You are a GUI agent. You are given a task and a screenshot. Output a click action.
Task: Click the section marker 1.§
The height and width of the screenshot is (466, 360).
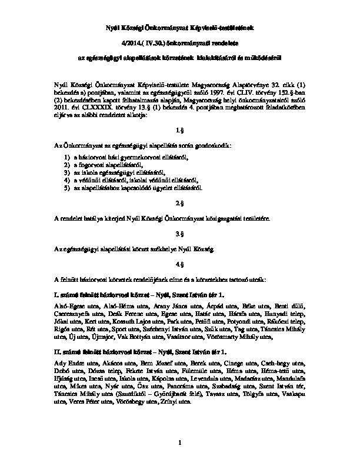tap(179, 129)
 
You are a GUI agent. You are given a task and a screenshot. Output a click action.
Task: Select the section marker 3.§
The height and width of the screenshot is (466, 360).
tap(179, 234)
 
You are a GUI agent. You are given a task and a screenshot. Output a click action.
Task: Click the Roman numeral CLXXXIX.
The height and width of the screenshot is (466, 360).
tap(87, 106)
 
